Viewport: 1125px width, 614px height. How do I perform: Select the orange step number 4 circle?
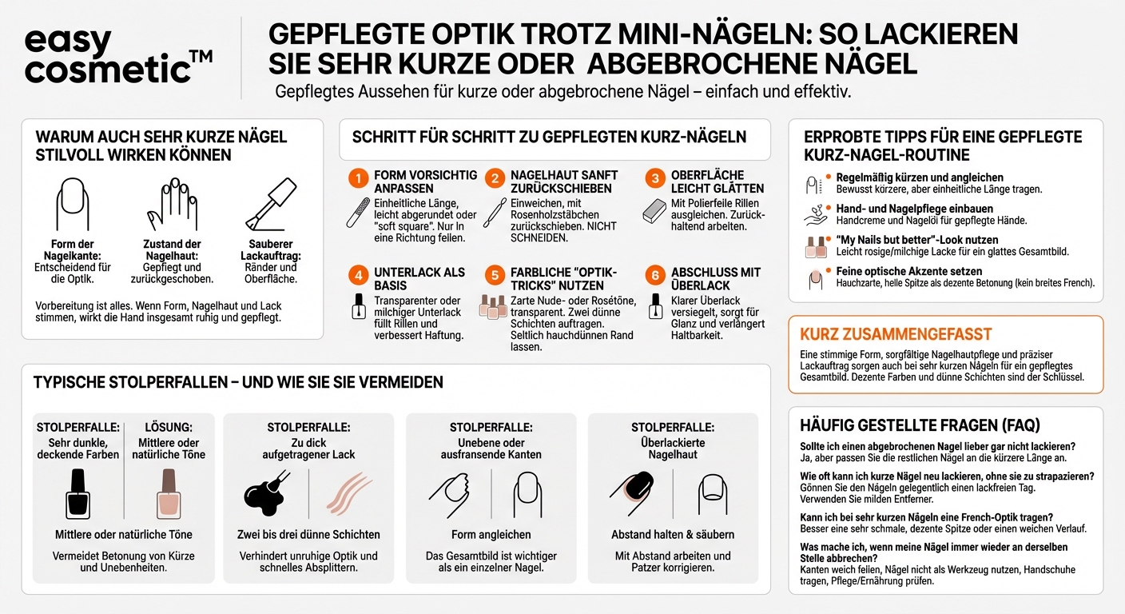[359, 276]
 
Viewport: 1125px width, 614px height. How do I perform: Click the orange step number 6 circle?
[655, 276]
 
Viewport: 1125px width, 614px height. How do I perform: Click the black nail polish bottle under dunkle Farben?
[77, 493]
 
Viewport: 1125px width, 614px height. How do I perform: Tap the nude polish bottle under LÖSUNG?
[169, 493]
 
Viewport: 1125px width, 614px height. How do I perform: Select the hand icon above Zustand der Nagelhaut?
[171, 205]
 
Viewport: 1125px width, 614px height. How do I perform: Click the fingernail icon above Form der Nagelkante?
[73, 204]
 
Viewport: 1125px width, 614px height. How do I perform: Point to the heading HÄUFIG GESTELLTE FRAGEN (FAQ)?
[920, 425]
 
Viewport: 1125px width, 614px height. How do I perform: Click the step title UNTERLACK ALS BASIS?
[419, 279]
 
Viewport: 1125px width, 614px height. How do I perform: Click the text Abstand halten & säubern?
[673, 534]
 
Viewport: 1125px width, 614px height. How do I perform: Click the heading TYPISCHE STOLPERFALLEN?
[238, 383]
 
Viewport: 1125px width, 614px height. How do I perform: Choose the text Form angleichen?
[491, 534]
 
